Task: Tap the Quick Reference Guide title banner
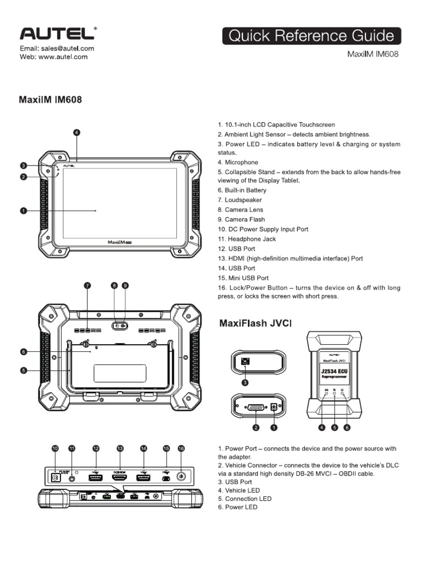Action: click(312, 36)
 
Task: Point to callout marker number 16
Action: click(181, 449)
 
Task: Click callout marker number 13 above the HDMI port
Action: click(120, 449)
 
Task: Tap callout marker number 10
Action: click(54, 449)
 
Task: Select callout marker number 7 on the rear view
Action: click(87, 285)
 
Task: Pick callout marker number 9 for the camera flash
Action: click(125, 285)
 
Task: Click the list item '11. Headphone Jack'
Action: click(247, 239)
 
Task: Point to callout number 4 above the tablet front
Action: click(77, 133)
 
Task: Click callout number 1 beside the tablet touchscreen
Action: click(24, 210)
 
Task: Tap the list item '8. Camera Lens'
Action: click(241, 209)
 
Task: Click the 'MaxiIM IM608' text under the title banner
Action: click(373, 54)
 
